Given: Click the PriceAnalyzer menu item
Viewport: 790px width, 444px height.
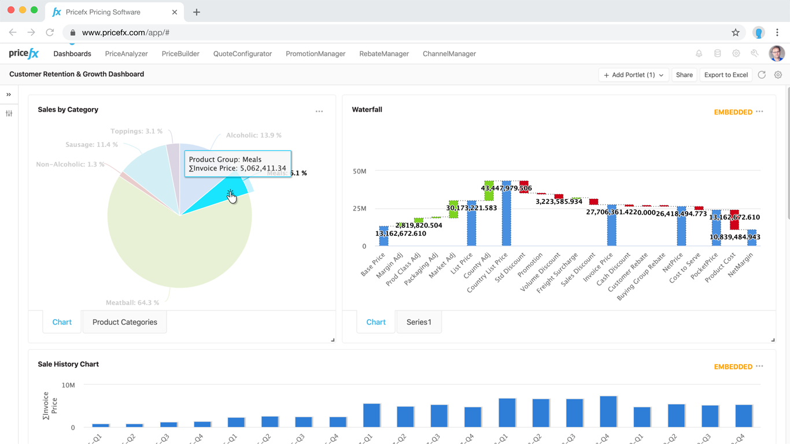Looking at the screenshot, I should click(x=126, y=54).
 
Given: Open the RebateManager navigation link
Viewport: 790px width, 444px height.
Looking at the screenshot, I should click(x=383, y=54).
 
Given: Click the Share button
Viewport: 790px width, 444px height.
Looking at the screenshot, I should click(x=684, y=75).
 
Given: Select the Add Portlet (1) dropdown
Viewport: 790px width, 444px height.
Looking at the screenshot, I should click(x=633, y=75).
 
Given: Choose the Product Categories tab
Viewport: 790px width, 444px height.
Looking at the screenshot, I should click(x=125, y=322).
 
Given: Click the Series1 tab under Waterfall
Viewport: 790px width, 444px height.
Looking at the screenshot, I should click(x=419, y=322).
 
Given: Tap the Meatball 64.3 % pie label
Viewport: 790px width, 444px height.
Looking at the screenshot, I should click(x=132, y=302).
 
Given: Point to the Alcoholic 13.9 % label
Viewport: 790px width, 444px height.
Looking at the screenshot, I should click(x=253, y=135).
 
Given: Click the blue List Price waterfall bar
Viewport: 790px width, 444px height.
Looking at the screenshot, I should click(x=471, y=225).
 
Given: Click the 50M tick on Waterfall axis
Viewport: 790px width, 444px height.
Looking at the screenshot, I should click(x=359, y=171).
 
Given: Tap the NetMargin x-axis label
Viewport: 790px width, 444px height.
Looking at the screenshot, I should click(x=741, y=264).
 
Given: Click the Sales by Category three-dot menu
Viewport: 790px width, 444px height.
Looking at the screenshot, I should click(x=319, y=111).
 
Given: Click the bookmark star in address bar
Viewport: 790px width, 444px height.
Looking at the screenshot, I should click(x=735, y=33).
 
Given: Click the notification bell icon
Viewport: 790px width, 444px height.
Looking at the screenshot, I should click(x=699, y=54).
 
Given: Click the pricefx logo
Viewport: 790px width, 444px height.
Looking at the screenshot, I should click(x=24, y=54).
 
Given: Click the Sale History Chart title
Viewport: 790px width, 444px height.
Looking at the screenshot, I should click(x=68, y=364).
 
